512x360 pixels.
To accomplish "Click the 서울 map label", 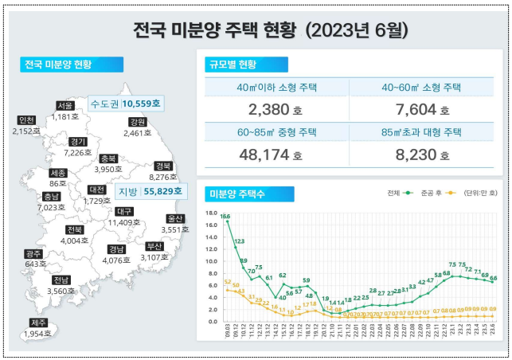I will click(x=65, y=106).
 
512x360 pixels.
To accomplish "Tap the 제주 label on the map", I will click(x=38, y=323).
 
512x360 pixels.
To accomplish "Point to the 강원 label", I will click(x=137, y=122).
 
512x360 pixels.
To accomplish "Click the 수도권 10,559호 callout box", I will click(x=125, y=104).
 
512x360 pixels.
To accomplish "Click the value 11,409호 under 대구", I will click(x=127, y=222).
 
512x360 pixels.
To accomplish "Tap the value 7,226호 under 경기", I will click(x=78, y=152).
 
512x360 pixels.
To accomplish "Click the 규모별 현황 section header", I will click(x=242, y=65).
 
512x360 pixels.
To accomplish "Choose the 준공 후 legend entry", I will click(x=434, y=194).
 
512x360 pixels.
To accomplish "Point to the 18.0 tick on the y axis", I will click(x=211, y=213).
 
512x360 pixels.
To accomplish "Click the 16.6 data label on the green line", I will click(x=226, y=217).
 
